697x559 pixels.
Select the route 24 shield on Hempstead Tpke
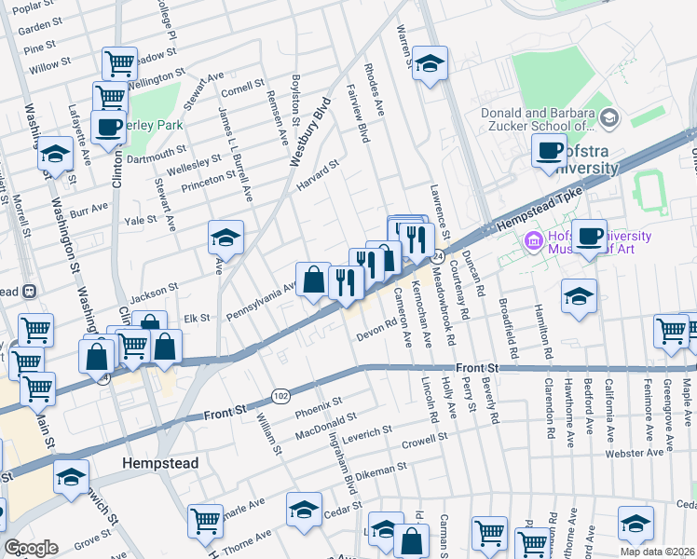[437, 255]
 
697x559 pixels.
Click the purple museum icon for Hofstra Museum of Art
[533, 241]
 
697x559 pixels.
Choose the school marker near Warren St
[429, 63]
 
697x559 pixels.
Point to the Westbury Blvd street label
[310, 131]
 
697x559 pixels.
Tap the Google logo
[31, 548]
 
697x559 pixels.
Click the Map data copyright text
[657, 552]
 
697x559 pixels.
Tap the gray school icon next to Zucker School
[609, 116]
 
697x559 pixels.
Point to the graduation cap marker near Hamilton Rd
[579, 296]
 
